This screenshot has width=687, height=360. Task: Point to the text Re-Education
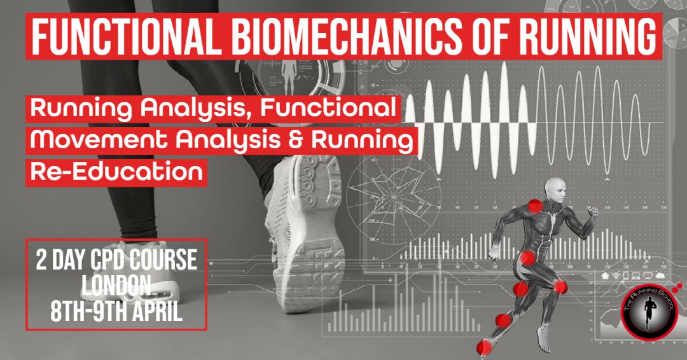[x=117, y=170]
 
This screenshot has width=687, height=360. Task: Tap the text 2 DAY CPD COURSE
[x=116, y=261]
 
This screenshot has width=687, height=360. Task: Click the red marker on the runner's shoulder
[x=536, y=206]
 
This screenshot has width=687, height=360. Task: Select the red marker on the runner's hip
[x=527, y=258]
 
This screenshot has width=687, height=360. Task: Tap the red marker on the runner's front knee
[x=560, y=287]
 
